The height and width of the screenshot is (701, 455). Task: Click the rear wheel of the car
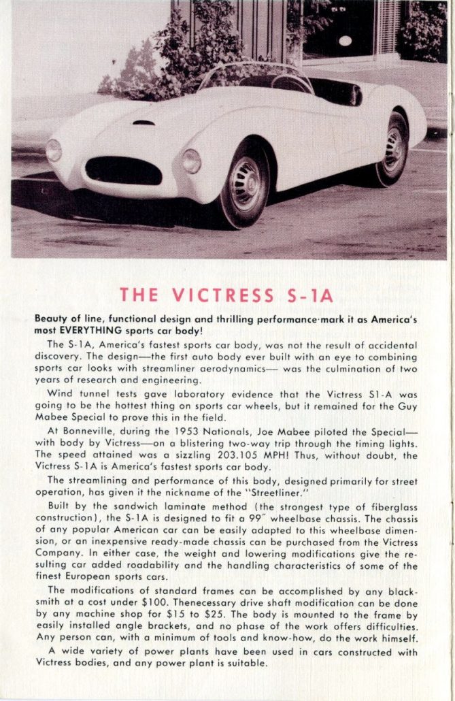pos(394,148)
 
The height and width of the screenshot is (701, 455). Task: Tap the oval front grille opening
pos(124,170)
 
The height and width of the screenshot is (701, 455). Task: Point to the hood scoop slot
pos(144,123)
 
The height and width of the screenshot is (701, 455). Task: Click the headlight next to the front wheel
pos(192,161)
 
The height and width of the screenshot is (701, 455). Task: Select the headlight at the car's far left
pos(54,149)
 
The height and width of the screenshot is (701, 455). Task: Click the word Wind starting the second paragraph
pos(60,393)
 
